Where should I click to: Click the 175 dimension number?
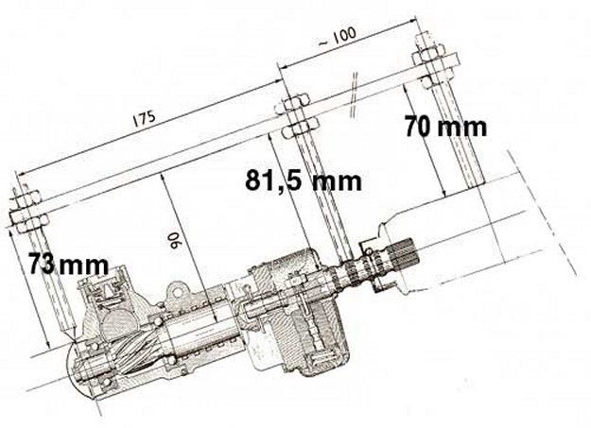pos(144,118)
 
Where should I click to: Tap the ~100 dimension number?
pos(338,37)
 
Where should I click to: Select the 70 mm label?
pos(445,127)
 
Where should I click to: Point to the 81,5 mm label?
pos(303,180)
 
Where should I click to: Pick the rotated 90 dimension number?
pos(175,240)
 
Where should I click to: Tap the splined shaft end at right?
pos(406,254)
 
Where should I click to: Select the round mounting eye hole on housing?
pos(177,291)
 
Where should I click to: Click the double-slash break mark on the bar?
pos(354,94)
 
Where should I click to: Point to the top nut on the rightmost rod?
pos(428,50)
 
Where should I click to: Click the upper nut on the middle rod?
pos(292,102)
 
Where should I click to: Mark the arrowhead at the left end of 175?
pos(20,174)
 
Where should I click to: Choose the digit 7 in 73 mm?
pos(35,264)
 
